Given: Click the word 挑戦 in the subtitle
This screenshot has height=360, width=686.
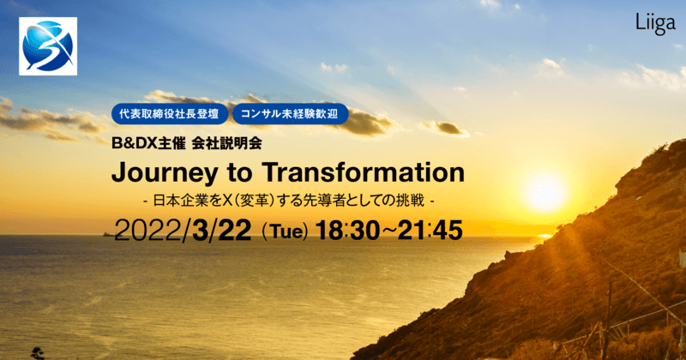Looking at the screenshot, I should pyautogui.click(x=412, y=202).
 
